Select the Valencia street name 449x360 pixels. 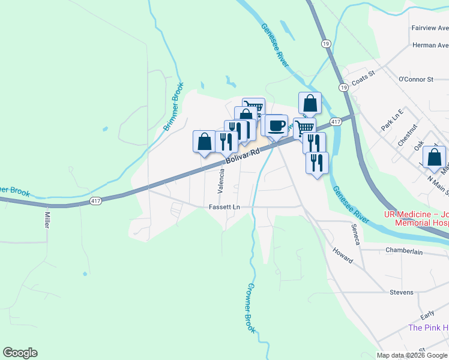[221, 181]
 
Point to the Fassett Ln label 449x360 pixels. [224, 207]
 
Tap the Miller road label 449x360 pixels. [46, 218]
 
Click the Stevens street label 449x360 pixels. [401, 292]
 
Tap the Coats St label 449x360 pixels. [363, 73]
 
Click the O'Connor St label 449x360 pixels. [416, 79]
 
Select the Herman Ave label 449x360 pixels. [430, 45]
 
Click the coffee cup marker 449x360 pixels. [276, 125]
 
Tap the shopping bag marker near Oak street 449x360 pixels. [434, 157]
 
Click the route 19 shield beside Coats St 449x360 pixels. [343, 87]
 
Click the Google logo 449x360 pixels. [20, 353]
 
